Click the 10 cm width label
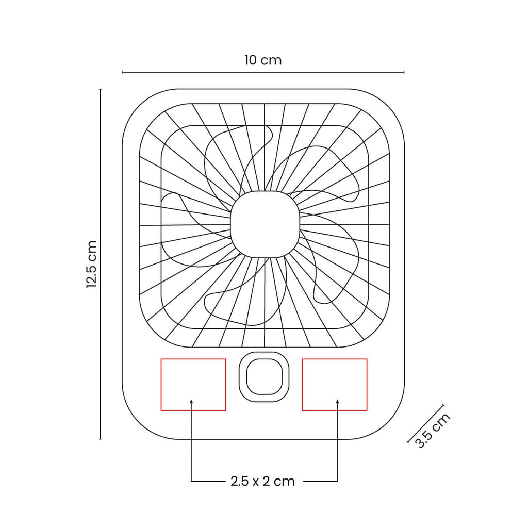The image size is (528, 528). click(x=263, y=60)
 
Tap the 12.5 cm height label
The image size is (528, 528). click(x=92, y=264)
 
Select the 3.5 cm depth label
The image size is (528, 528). click(x=433, y=431)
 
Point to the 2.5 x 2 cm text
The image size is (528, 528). click(x=262, y=481)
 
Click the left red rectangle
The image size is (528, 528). click(x=161, y=385)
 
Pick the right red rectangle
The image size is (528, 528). click(x=302, y=385)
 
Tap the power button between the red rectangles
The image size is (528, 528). click(x=264, y=377)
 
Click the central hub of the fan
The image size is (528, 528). click(x=265, y=224)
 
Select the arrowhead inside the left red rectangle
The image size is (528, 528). click(x=191, y=401)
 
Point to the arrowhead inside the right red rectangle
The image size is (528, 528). click(x=337, y=401)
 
